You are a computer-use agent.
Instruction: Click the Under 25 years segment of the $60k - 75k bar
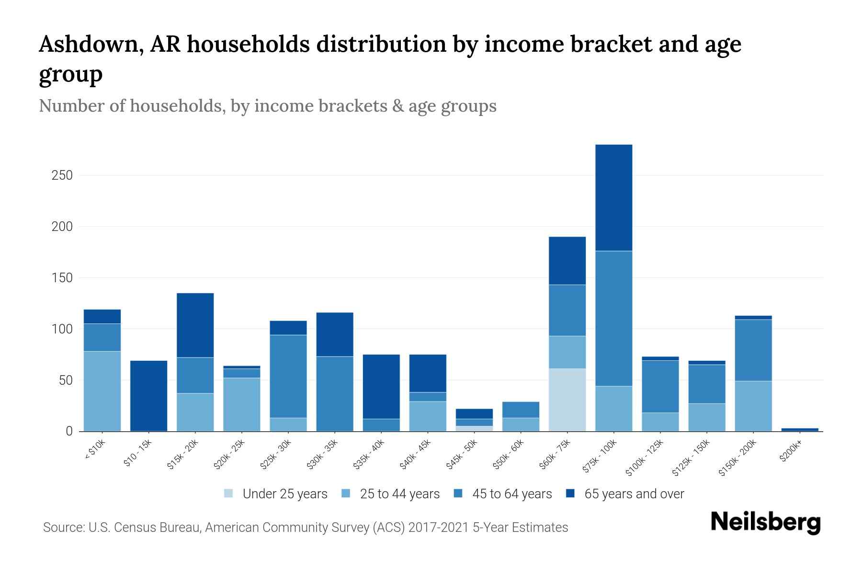pos(567,400)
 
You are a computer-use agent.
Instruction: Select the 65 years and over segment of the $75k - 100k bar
pos(613,197)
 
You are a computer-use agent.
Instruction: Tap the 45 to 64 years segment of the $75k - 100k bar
pos(613,318)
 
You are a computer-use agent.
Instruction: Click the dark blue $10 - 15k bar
pos(148,396)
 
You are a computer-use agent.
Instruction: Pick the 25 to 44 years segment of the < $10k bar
pos(102,391)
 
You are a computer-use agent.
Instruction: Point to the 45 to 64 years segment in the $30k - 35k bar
pos(335,393)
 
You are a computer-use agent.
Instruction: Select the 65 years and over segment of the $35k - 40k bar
pos(381,386)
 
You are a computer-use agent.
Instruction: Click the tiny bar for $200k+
pos(800,429)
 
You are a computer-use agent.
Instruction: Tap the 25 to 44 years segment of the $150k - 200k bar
pos(753,406)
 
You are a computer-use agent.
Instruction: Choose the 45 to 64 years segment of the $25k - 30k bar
pos(288,376)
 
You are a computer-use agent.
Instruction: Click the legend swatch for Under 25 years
pos(229,494)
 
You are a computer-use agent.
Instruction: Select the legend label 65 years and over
pos(634,494)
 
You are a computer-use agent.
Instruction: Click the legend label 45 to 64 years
pos(512,494)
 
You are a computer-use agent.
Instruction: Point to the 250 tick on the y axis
pos(62,175)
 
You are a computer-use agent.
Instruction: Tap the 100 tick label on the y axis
pos(62,329)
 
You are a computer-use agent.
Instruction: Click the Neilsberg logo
pos(765,522)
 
